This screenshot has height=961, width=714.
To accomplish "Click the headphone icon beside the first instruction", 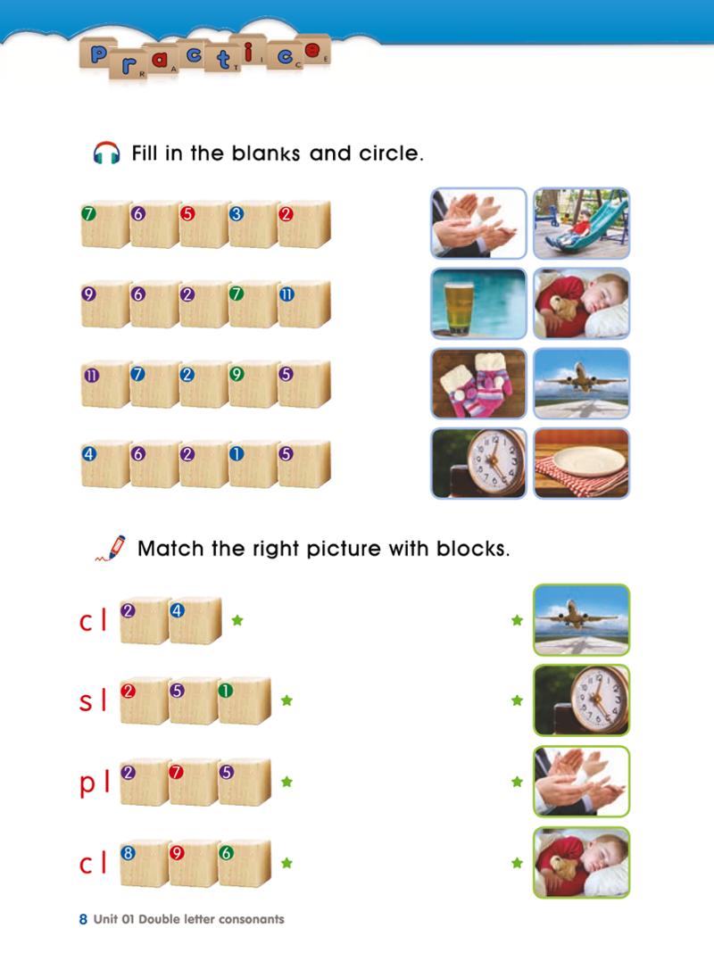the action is (x=106, y=153).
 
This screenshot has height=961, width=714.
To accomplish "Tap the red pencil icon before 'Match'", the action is (x=111, y=548).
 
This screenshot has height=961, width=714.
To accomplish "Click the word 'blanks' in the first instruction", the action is (x=266, y=153).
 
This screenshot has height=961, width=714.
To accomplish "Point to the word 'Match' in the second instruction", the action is (x=170, y=548).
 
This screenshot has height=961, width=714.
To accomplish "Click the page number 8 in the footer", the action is (x=83, y=919).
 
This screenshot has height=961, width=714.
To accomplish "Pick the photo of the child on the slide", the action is (x=581, y=223).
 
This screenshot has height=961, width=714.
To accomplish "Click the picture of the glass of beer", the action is (x=478, y=303).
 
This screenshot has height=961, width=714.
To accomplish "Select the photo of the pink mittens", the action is (x=478, y=384).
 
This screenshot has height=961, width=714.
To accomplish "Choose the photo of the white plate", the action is (x=581, y=463).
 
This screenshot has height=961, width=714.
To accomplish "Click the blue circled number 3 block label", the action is (x=236, y=214).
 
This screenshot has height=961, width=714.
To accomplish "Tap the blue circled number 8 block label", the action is (x=128, y=853).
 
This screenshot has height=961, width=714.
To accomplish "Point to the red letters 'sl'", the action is (x=93, y=700).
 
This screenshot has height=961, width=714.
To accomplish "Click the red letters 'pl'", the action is (x=94, y=783).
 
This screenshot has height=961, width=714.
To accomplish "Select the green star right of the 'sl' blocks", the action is (x=286, y=700).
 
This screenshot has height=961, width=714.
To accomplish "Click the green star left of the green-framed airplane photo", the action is (x=518, y=620).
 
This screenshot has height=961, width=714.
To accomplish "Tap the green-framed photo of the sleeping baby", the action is (x=581, y=862).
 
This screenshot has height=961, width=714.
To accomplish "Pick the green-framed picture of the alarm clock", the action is (x=581, y=700).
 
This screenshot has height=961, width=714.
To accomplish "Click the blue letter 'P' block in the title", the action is (x=97, y=55).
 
